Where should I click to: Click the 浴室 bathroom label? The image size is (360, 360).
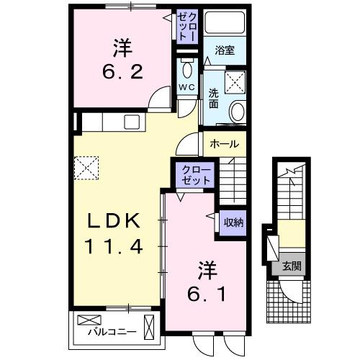225,52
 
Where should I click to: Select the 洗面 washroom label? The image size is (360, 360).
214,99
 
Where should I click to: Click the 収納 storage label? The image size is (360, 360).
233,222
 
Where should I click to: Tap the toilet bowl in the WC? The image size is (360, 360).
186,70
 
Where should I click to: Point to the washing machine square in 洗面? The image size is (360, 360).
235,81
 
